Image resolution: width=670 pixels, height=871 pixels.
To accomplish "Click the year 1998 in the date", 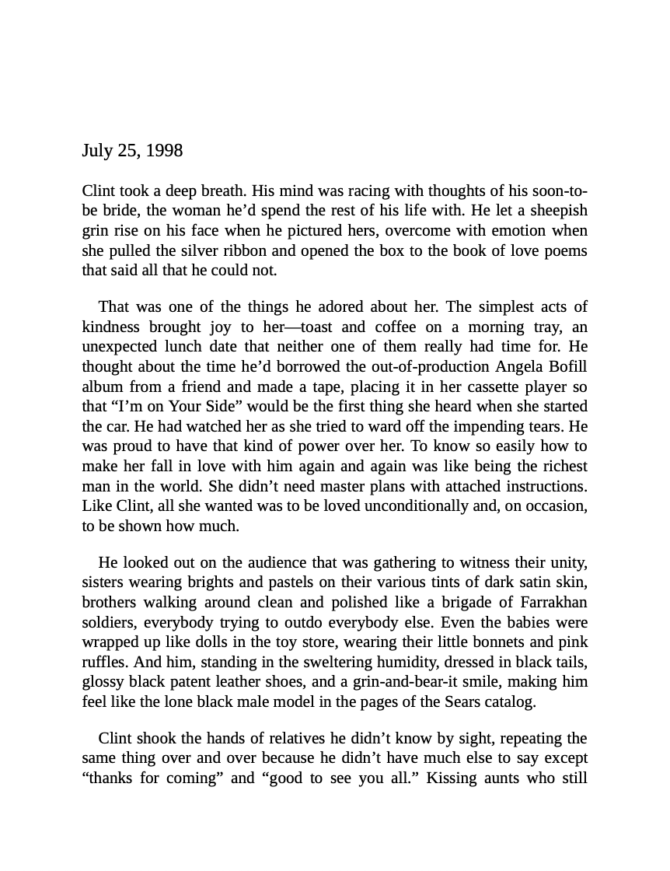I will coord(164,151).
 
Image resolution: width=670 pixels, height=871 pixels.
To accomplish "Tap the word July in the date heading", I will coord(97,151).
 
